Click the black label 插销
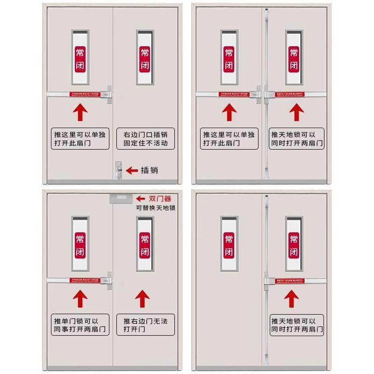tap(150, 170)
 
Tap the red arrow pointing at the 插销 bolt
tap(132, 170)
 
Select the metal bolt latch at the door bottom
tap(117, 170)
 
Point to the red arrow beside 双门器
tap(140, 198)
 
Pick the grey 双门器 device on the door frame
tap(120, 198)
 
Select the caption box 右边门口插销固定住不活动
tap(145, 138)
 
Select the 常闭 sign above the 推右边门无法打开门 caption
tap(145, 245)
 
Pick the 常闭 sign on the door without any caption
tap(229, 245)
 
